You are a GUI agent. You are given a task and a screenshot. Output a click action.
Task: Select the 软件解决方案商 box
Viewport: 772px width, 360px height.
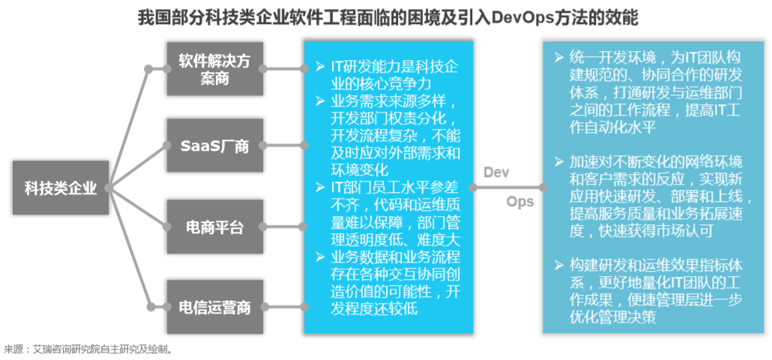[x=214, y=69]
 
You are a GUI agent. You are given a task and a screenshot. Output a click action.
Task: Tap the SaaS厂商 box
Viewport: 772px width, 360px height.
[x=214, y=145]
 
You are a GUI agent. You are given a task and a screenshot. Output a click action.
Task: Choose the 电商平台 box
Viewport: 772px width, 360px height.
[x=214, y=227]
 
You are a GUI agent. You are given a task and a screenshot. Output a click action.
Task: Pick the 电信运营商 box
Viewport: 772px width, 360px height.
[x=214, y=307]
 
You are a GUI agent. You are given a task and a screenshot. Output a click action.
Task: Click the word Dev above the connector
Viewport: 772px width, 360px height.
[x=496, y=172]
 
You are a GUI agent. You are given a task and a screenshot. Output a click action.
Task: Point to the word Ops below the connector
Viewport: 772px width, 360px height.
[x=519, y=202]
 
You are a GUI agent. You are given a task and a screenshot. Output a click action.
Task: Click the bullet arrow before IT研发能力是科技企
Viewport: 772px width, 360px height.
[x=320, y=66]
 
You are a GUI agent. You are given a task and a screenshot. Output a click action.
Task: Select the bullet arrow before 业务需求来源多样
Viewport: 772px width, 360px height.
[x=320, y=102]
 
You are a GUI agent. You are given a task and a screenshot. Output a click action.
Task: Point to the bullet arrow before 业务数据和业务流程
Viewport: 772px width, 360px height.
[x=320, y=256]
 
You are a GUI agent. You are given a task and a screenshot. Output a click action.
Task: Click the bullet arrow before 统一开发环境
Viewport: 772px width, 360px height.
[x=558, y=57]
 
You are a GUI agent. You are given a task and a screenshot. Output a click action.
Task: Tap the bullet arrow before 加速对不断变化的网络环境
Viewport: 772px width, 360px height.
[x=558, y=162]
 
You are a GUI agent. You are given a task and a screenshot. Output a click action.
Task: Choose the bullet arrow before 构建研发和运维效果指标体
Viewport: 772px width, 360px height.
[x=558, y=265]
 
